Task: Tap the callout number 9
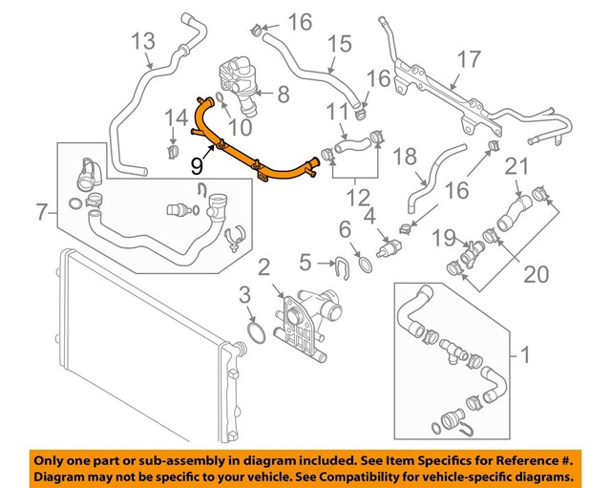197,165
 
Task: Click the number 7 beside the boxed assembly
40,212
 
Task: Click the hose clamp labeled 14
174,150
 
